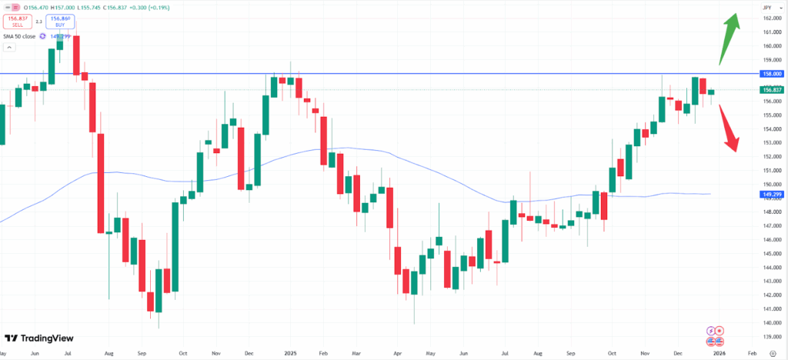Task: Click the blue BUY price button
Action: pyautogui.click(x=59, y=22)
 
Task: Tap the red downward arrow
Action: pyautogui.click(x=730, y=128)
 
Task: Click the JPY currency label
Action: pyautogui.click(x=767, y=7)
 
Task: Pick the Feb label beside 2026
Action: pyautogui.click(x=752, y=353)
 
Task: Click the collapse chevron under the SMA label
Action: pyautogui.click(x=9, y=48)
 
